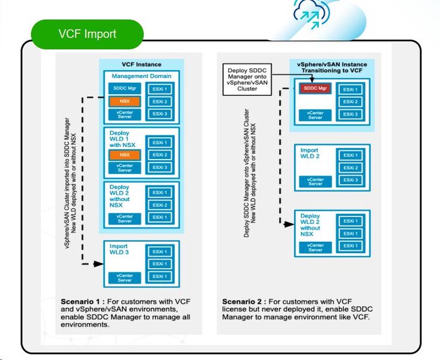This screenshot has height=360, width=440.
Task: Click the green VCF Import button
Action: coord(87,34)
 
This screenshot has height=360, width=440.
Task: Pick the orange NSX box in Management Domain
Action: coord(124,101)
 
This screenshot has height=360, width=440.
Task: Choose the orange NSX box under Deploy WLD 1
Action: coord(124,154)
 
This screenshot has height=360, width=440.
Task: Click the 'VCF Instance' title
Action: coord(142,64)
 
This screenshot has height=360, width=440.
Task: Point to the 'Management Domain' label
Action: coord(142,76)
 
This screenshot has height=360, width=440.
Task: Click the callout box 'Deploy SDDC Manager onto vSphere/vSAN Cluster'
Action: coord(246,79)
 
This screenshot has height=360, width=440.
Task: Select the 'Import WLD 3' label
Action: coord(118,250)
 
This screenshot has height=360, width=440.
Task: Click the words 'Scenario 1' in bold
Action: coord(83,301)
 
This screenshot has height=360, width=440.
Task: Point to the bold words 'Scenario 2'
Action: coord(244,301)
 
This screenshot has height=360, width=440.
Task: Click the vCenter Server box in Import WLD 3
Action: coord(124,277)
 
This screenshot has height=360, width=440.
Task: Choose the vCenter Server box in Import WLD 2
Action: coord(315,181)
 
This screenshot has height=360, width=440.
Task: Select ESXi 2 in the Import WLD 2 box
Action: coord(350,168)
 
